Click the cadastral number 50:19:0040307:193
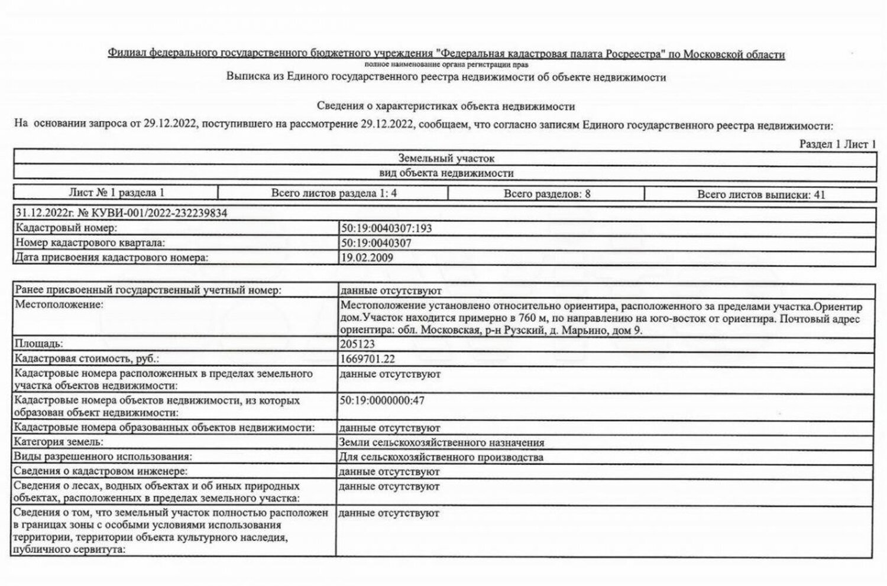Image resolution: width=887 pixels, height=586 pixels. (386, 228)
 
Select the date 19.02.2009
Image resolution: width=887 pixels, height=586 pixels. (367, 257)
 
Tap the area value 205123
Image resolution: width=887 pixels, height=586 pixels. (357, 344)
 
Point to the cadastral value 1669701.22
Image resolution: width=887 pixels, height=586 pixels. (367, 359)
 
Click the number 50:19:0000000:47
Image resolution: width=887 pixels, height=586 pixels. (382, 400)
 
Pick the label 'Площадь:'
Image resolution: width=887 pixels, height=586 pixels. (39, 344)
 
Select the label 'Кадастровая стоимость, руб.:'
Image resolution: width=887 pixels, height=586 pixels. (87, 359)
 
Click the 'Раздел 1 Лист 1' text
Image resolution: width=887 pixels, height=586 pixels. (837, 144)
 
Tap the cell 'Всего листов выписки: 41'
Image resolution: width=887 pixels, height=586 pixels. (760, 194)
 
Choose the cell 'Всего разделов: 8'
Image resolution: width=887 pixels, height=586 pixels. (547, 193)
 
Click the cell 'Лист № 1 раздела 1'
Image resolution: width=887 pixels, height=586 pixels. (116, 193)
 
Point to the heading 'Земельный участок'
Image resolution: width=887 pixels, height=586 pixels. (446, 158)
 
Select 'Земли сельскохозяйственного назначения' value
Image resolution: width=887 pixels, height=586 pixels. (442, 442)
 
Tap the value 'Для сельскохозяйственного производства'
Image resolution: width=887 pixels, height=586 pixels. (441, 457)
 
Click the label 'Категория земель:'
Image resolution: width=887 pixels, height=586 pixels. (59, 442)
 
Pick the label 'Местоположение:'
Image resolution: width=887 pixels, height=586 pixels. (59, 305)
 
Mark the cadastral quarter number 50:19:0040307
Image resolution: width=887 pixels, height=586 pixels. (376, 243)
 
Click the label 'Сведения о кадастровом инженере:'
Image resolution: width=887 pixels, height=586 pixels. (101, 471)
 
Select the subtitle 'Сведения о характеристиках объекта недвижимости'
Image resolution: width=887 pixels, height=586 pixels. (446, 106)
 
